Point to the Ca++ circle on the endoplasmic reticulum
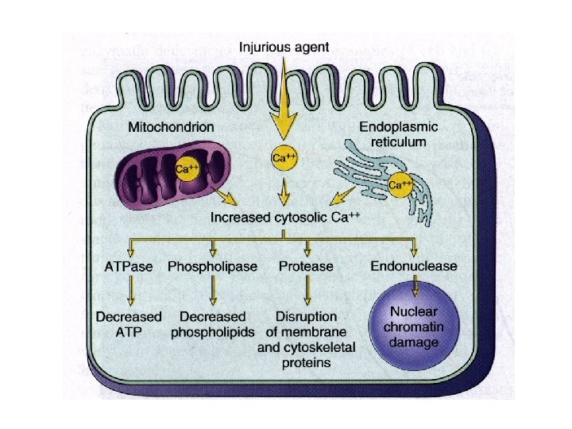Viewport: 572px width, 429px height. coord(400,185)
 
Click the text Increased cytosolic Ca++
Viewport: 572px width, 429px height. coord(284,216)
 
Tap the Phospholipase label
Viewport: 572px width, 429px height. coord(212,266)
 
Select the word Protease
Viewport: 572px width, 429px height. coord(306,266)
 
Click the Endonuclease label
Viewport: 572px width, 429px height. coord(413,266)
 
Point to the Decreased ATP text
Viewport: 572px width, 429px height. coord(129,324)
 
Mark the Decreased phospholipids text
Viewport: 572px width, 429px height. coord(212,324)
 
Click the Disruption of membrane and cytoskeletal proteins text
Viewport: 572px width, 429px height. coord(306,339)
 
